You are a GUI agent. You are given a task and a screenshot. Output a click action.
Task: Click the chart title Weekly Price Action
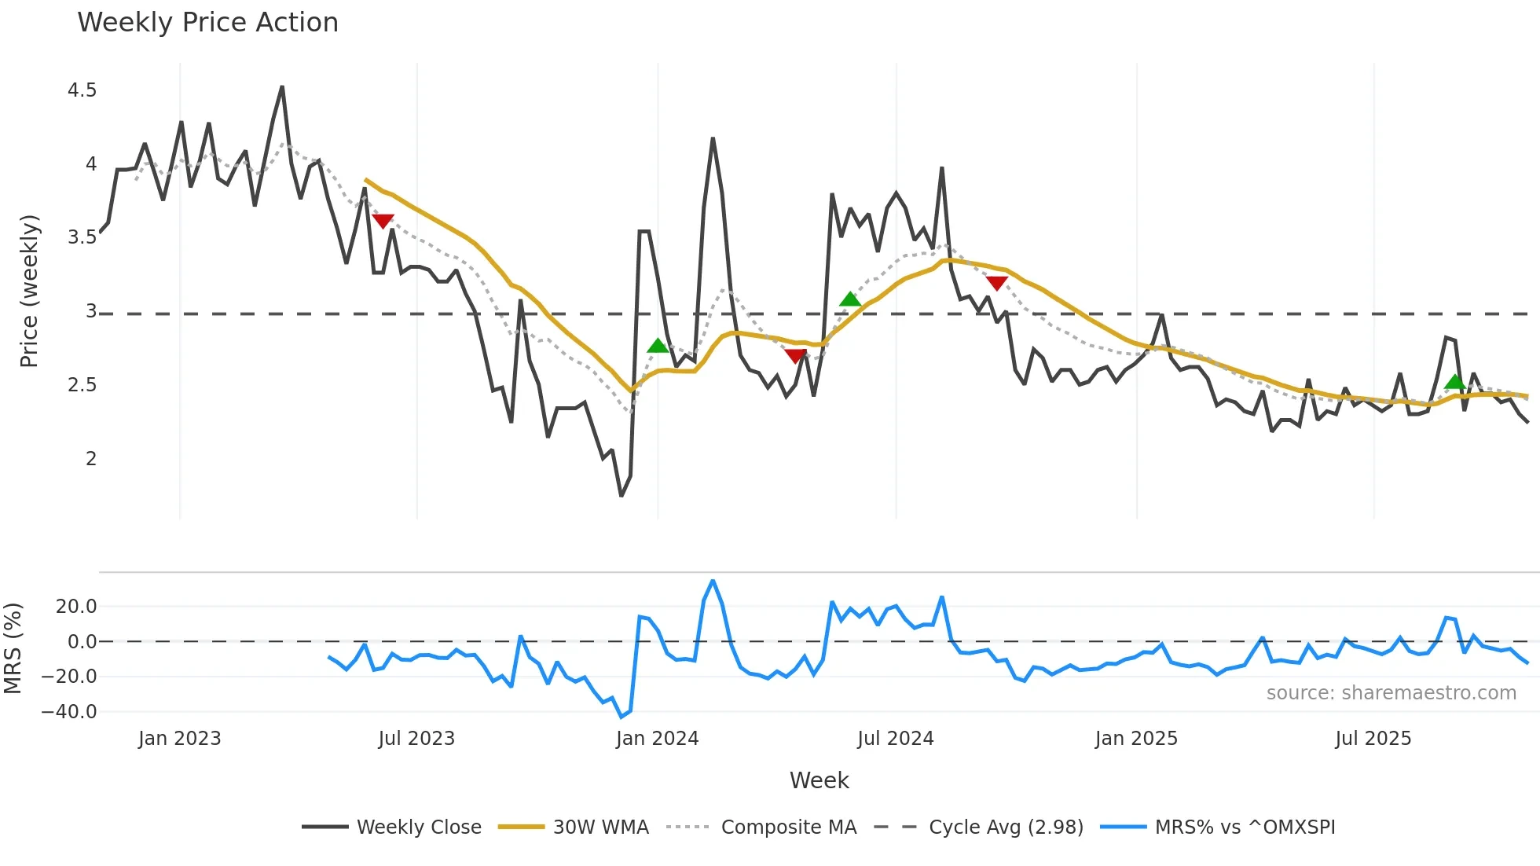tap(207, 22)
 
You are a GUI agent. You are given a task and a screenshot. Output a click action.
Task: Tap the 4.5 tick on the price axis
tap(82, 90)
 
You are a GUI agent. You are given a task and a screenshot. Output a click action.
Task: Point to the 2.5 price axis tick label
tap(82, 385)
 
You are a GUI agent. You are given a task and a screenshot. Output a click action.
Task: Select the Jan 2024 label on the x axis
tap(657, 739)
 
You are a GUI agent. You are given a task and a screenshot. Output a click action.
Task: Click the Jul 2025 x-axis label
tap(1373, 739)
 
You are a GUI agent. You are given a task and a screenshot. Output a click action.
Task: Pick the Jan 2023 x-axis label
tap(179, 739)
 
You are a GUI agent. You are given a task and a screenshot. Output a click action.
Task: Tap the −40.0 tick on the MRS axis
tap(69, 712)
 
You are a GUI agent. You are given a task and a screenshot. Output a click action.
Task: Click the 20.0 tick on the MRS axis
tap(75, 607)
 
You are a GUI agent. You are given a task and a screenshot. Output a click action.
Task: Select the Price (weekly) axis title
tap(29, 291)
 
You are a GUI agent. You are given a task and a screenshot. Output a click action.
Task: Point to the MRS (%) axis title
tap(13, 648)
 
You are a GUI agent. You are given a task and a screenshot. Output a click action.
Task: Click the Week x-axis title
tap(819, 780)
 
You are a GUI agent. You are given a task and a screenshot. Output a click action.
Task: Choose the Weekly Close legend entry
tap(418, 827)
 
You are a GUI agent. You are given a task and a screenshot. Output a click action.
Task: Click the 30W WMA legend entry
tap(600, 827)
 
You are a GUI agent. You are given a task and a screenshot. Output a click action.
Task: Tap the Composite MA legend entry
tap(788, 827)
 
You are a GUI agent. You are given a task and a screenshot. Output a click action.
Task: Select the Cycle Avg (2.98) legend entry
tap(1006, 827)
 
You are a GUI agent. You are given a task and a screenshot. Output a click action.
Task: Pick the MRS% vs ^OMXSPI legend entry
tap(1245, 827)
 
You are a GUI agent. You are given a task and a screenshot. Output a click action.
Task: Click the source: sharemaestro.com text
tap(1391, 693)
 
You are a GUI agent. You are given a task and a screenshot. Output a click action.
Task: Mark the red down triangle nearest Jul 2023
tap(383, 221)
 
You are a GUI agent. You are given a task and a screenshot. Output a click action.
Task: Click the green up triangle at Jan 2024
tap(658, 346)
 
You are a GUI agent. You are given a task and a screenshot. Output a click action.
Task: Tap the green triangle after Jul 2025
tap(1455, 383)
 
